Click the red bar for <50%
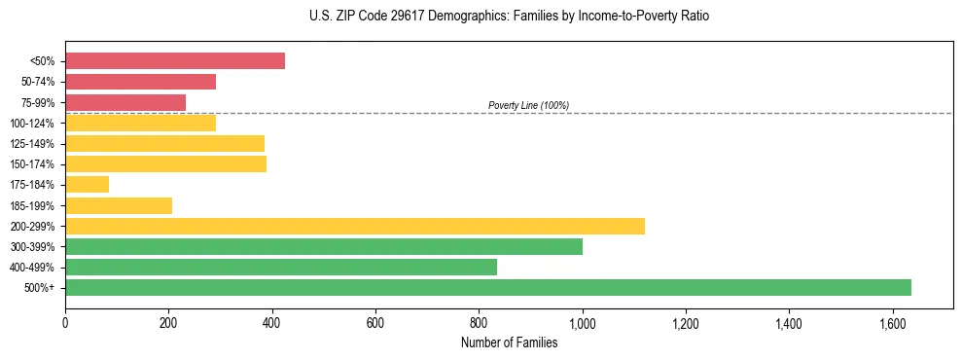click(x=175, y=61)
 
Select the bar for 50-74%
click(x=140, y=82)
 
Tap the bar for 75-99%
click(x=125, y=102)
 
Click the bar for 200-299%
click(x=355, y=226)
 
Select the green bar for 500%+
click(x=488, y=287)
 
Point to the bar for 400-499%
click(x=281, y=267)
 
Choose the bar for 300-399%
click(x=324, y=246)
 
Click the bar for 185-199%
click(x=119, y=205)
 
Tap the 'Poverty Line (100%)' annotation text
click(x=528, y=105)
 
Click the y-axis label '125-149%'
click(x=32, y=144)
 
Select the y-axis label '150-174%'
click(x=32, y=164)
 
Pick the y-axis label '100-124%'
click(x=32, y=124)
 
